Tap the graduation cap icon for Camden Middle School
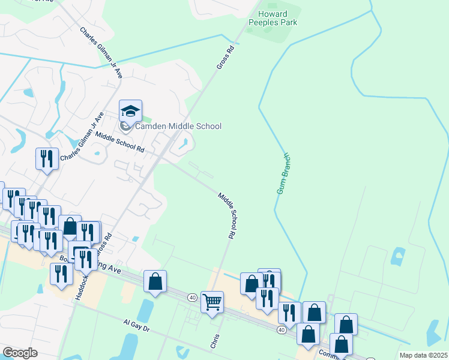(x=130, y=110)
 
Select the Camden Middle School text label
(x=178, y=126)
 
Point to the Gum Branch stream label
(x=284, y=173)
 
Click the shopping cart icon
(x=212, y=302)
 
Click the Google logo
(x=20, y=352)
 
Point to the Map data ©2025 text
(x=423, y=355)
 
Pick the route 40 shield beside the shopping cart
(x=191, y=298)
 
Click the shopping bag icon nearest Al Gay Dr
(x=155, y=281)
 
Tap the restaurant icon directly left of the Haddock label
(x=61, y=274)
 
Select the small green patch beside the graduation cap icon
(x=148, y=118)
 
